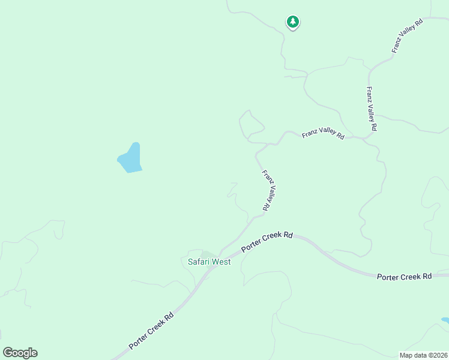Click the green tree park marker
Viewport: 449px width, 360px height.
point(292,22)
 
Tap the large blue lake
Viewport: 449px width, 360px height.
point(131,158)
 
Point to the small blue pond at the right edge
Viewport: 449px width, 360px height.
point(445,320)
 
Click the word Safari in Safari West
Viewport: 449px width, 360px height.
point(198,262)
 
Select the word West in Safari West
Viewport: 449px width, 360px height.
point(220,262)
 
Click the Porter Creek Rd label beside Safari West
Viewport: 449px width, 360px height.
point(267,241)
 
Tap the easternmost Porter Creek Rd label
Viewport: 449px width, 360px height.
point(404,277)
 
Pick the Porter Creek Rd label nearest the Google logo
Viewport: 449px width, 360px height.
point(151,331)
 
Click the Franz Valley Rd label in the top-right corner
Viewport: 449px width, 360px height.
point(408,35)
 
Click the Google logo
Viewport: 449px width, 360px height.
point(20,352)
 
